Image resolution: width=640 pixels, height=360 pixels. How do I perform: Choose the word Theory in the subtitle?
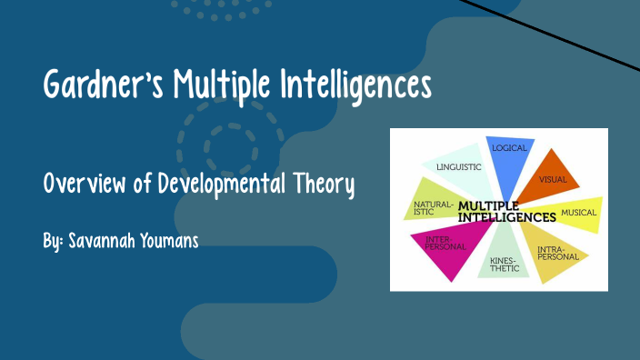coord(321,185)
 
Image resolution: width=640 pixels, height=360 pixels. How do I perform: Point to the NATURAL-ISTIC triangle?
coord(431,208)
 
